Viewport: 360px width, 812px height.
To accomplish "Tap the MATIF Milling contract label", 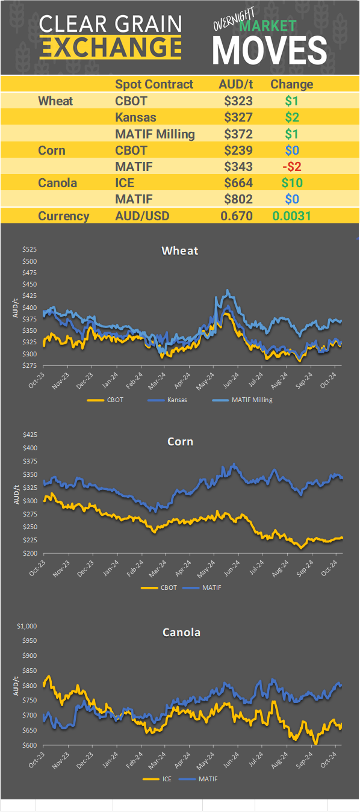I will (155, 134).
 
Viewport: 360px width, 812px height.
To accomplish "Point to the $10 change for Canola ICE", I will (291, 182).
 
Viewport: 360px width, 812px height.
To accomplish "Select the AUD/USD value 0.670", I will (235, 215).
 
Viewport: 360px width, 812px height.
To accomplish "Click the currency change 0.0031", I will (291, 215).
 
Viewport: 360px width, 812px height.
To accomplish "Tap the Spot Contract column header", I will (154, 84).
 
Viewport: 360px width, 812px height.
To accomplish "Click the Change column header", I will (291, 84).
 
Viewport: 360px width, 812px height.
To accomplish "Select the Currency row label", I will (64, 215).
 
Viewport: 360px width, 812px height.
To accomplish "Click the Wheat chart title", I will (179, 250).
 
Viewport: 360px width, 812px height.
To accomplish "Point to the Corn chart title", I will (180, 442).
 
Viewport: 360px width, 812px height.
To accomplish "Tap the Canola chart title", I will (181, 633).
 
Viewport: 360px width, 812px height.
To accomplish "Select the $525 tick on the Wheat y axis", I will (29, 249).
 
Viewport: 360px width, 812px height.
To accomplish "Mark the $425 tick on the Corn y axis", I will (29, 435).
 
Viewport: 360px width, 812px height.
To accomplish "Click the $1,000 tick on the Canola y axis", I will (28, 626).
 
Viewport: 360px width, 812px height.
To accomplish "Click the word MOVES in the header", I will (270, 50).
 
